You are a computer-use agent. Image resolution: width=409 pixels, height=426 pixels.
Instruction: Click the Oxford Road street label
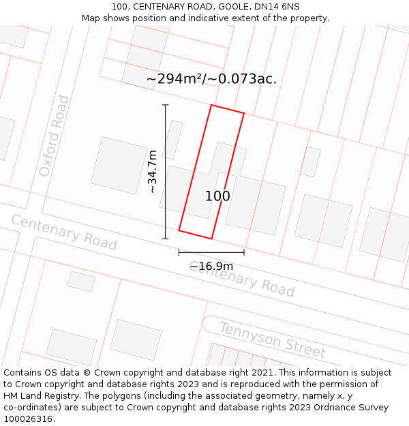click(x=54, y=136)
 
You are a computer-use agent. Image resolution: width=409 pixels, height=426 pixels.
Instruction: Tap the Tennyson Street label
click(x=272, y=339)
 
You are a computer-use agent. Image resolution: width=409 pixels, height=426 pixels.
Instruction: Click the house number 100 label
click(x=217, y=196)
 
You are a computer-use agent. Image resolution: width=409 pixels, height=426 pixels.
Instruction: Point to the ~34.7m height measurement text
click(x=153, y=172)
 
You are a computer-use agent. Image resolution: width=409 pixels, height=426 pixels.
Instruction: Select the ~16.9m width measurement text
click(x=211, y=266)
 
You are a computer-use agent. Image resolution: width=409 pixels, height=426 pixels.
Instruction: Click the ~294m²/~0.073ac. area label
click(x=211, y=78)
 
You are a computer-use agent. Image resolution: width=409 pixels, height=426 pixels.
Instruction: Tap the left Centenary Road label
click(x=63, y=232)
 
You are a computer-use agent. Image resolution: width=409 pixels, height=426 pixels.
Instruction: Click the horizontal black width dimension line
click(x=211, y=252)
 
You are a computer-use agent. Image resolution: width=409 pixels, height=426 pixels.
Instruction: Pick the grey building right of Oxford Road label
click(x=119, y=165)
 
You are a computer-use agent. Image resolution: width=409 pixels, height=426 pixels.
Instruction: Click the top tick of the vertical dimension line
click(x=165, y=105)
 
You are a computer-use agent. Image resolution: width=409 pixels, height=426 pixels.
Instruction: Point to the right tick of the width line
click(x=244, y=252)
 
